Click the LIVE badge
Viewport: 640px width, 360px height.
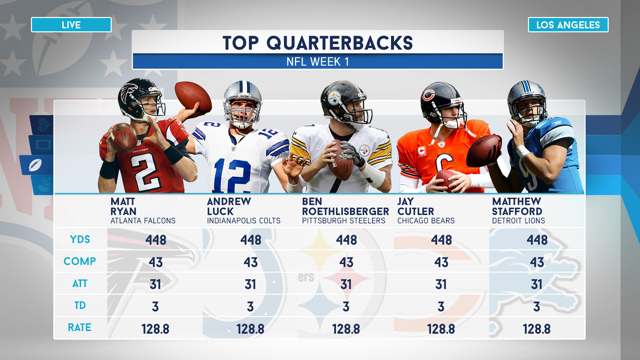71,25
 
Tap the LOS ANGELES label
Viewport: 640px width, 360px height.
568,25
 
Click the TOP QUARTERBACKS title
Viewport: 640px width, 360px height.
318,43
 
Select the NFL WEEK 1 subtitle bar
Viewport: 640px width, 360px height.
318,62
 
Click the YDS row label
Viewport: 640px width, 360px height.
80,239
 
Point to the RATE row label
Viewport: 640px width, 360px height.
79,328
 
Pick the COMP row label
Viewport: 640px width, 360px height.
80,261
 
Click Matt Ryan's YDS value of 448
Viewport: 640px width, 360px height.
156,240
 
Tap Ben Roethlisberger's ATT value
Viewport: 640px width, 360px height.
346,285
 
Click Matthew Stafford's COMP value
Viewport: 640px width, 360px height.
537,262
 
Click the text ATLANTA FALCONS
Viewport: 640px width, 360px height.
143,221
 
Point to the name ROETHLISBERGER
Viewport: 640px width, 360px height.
345,211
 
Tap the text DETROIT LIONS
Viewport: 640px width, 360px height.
518,221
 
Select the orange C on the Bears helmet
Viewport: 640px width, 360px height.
428,96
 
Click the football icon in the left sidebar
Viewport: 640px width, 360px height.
35,165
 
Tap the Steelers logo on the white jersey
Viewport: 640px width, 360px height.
364,151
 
